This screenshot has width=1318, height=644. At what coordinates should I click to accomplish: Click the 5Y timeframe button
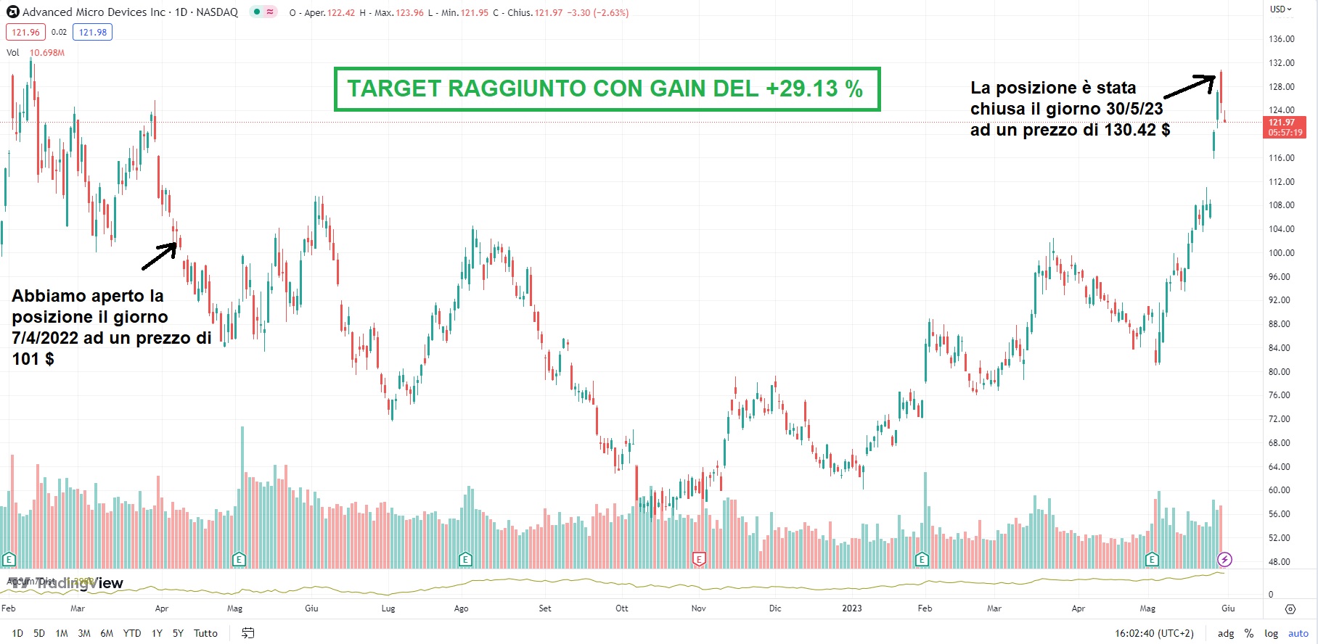(x=178, y=633)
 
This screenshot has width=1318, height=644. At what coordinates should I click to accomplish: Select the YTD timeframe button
(x=132, y=633)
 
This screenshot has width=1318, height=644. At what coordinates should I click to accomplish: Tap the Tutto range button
(x=205, y=633)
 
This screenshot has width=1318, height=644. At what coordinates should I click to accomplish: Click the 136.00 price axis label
(x=1281, y=39)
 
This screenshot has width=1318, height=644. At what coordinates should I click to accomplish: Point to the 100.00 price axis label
(x=1281, y=253)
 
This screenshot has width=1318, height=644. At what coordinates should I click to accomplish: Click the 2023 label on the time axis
(x=852, y=608)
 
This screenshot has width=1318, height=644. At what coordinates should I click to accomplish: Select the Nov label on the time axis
(x=698, y=608)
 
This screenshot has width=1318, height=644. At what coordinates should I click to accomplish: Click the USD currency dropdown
(x=1281, y=9)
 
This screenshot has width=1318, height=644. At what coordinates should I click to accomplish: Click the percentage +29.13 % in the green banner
(x=814, y=88)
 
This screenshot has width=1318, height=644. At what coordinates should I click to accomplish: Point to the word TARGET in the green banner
(x=393, y=88)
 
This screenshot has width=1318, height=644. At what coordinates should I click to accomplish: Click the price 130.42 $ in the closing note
(x=1137, y=130)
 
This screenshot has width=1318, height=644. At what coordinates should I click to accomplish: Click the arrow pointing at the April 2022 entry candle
(x=160, y=256)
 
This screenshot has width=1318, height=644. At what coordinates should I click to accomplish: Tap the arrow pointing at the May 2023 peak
(x=1190, y=86)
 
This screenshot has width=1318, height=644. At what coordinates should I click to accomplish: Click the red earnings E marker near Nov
(x=699, y=559)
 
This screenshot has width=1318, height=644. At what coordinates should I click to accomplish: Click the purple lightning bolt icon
(x=1224, y=559)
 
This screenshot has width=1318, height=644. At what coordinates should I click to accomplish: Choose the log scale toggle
(x=1271, y=633)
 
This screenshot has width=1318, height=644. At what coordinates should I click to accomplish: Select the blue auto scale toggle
(x=1298, y=633)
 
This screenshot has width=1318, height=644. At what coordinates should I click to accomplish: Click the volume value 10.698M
(x=47, y=53)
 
